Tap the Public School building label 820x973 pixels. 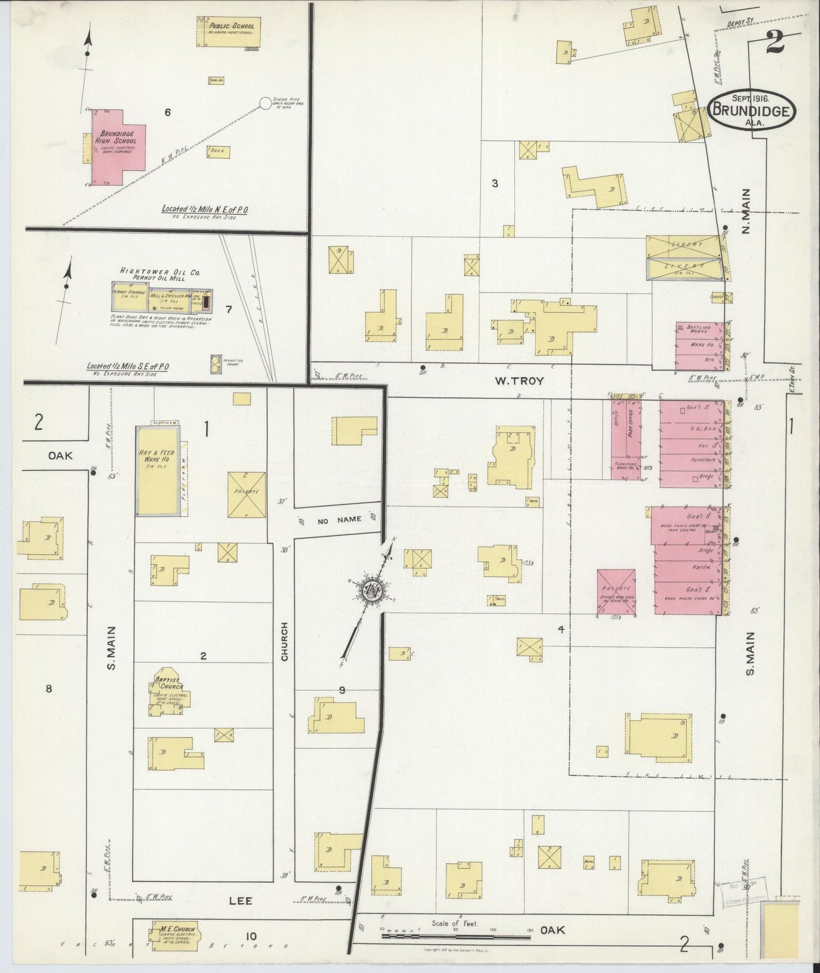[232, 26]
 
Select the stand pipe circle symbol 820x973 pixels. [265, 103]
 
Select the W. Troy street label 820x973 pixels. [519, 381]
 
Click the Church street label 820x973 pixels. [285, 641]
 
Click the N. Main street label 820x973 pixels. [746, 211]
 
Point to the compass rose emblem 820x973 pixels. [372, 590]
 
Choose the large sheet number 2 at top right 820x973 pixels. [774, 43]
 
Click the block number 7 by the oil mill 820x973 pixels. [228, 309]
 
